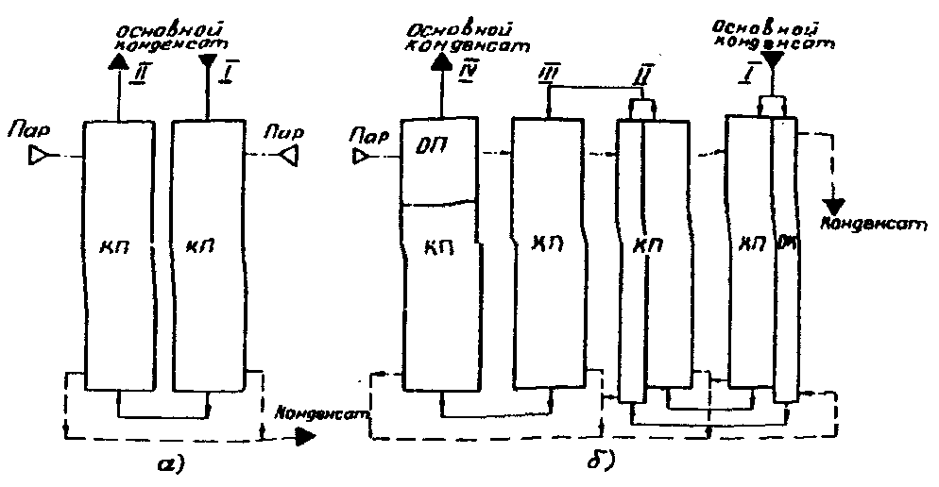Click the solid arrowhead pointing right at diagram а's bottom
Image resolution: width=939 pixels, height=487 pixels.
(x=305, y=437)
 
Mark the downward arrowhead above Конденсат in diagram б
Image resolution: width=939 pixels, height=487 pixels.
(x=834, y=206)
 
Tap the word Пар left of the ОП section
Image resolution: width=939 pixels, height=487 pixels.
(x=363, y=136)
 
